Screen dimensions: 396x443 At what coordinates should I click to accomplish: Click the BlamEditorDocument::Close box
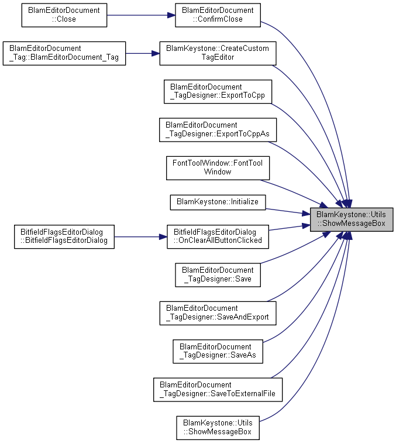tap(64, 15)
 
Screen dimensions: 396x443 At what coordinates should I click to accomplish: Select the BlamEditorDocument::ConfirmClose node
tap(218, 15)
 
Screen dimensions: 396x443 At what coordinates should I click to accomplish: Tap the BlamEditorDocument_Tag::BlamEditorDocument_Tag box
tap(64, 53)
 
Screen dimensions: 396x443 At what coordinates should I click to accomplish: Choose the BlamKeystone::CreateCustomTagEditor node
tap(218, 53)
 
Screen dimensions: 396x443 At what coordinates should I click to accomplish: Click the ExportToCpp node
tap(218, 91)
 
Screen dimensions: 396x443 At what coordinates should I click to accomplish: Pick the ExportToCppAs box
tap(218, 130)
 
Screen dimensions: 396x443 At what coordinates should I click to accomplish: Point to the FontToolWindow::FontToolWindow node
tap(218, 168)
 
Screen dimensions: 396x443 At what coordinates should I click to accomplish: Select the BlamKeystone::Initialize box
tap(218, 202)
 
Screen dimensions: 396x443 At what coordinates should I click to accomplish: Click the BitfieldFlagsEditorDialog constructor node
tap(64, 237)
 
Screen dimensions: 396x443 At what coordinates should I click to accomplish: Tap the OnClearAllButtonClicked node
tap(218, 237)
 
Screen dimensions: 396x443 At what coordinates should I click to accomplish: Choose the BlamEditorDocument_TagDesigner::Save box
tap(218, 275)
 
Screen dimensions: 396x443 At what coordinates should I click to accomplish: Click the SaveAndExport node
tap(218, 313)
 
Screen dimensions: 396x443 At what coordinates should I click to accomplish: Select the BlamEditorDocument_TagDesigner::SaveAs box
tap(218, 351)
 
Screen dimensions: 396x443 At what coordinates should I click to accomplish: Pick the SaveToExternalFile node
tap(218, 390)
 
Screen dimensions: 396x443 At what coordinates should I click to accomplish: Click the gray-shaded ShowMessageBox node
tap(352, 219)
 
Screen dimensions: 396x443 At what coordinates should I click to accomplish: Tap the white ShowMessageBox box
tap(218, 428)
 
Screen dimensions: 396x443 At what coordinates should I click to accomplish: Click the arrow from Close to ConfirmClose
tap(141, 15)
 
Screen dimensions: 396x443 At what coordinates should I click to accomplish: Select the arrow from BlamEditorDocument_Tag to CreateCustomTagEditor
tap(143, 53)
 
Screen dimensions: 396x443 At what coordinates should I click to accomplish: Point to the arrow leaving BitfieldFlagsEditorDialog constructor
tap(140, 237)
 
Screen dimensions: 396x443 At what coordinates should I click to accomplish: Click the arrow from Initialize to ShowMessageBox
tap(288, 212)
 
